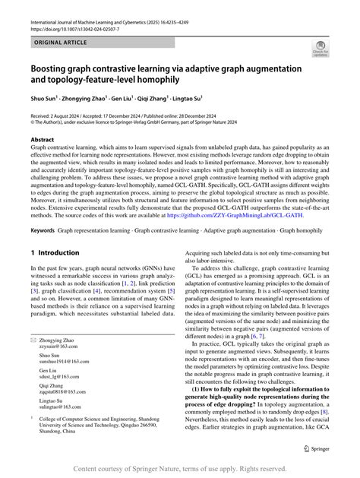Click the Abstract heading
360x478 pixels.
(x=42, y=141)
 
